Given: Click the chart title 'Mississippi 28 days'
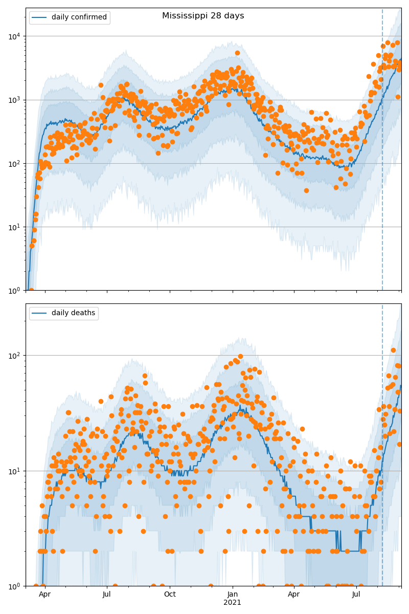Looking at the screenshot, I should (203, 16).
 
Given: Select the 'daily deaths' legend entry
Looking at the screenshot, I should (73, 313).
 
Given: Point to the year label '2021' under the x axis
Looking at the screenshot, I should (233, 603).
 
